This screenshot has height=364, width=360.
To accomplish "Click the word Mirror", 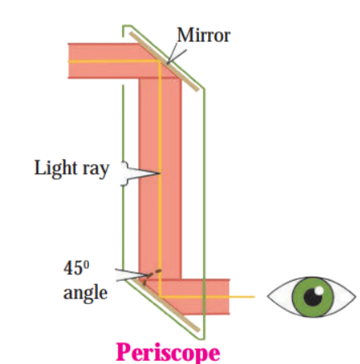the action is (204, 35).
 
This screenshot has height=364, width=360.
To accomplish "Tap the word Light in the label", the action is (56, 168).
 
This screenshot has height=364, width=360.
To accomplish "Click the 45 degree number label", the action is (76, 268).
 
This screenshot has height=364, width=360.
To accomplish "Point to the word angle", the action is (85, 294).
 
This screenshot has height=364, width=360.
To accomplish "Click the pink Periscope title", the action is (167, 353).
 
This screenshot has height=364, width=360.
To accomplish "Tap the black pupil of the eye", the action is (313, 297).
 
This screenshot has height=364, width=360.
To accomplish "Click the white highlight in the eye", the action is (319, 290).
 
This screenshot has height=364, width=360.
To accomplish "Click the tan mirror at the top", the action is (164, 61).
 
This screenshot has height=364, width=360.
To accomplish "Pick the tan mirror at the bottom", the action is (165, 305).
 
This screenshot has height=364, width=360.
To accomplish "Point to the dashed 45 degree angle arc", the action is (151, 276).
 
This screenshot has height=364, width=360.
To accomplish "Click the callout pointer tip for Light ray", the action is (160, 173).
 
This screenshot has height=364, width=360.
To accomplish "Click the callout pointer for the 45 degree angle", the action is (131, 275).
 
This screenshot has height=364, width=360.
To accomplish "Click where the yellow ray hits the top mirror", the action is (160, 61).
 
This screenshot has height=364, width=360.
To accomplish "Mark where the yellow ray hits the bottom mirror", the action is (160, 297).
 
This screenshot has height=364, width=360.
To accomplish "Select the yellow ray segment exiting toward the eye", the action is (208, 297).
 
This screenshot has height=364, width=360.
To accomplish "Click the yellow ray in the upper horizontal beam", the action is (114, 61).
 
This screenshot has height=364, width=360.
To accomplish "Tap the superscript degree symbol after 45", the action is (86, 264).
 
